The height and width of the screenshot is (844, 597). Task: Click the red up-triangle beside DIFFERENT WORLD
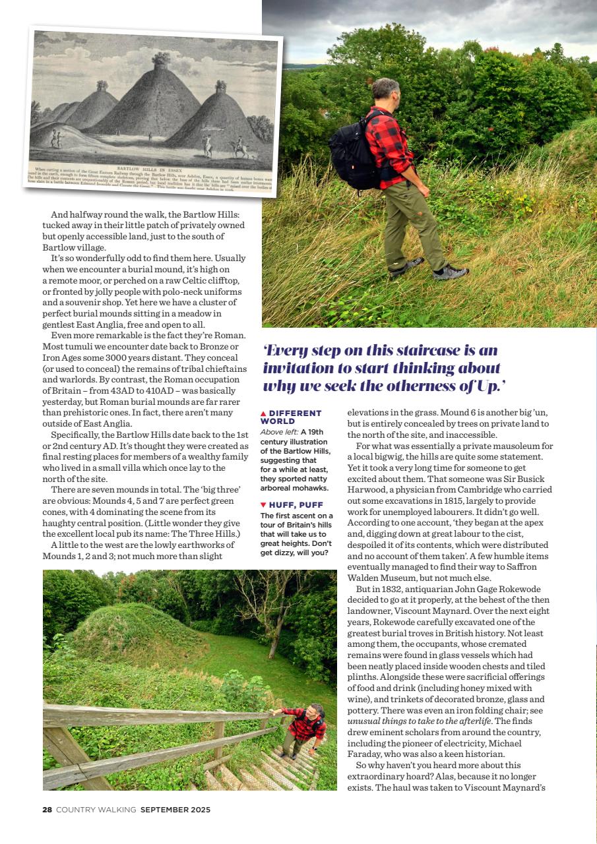263,413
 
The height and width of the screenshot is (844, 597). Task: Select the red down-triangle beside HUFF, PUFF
263,505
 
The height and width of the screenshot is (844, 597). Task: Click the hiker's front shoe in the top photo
450,272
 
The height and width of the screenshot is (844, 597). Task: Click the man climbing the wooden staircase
303,728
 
